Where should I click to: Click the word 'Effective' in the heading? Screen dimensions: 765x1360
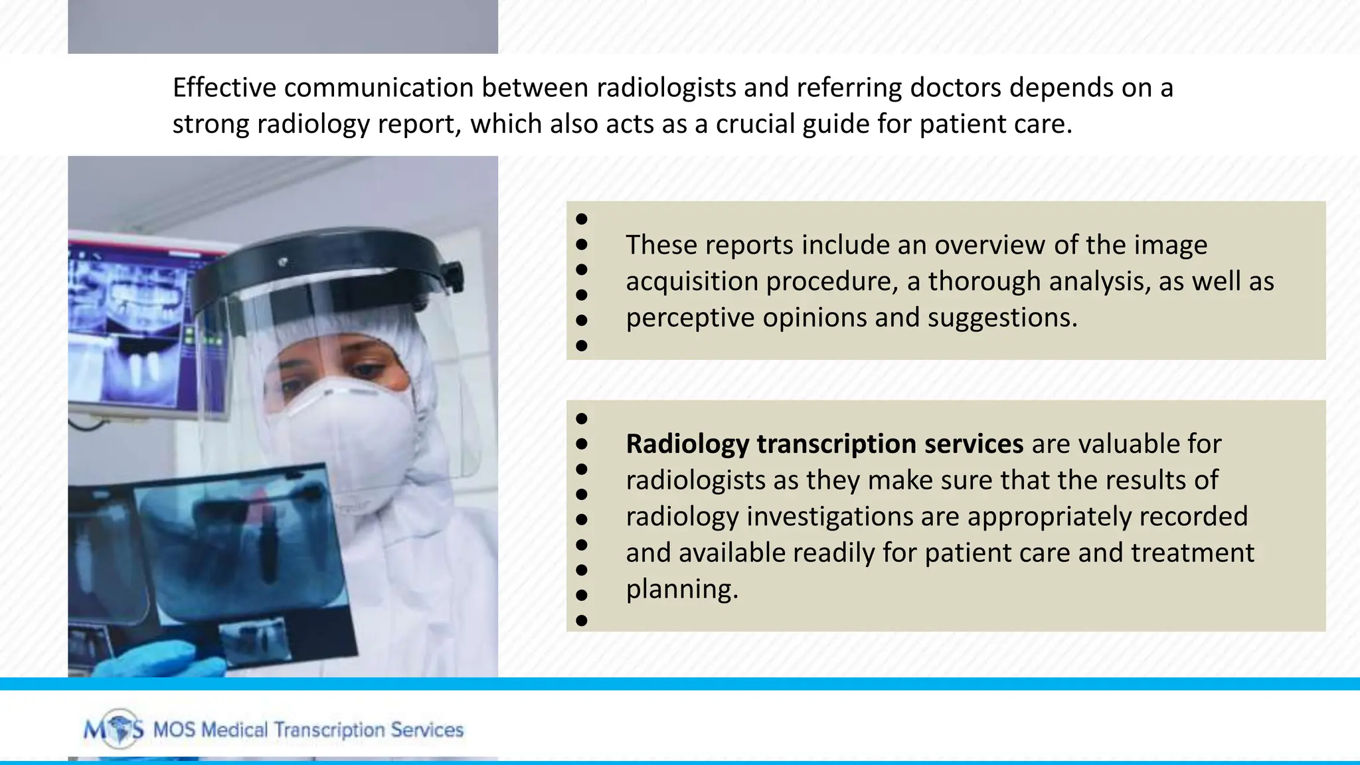(x=224, y=88)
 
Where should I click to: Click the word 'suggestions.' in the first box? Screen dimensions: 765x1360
(x=1002, y=318)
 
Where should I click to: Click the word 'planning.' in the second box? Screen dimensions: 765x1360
(x=682, y=589)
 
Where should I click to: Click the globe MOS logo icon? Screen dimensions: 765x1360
(x=120, y=729)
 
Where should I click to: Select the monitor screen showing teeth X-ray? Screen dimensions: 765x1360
(x=133, y=332)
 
